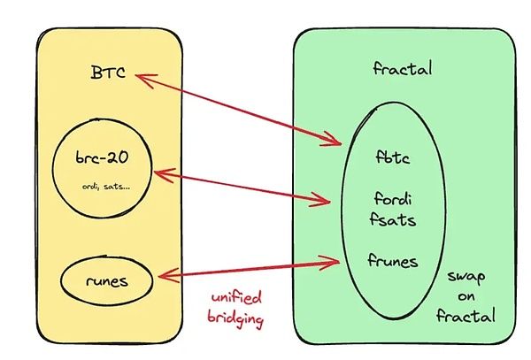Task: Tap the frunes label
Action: coord(396,260)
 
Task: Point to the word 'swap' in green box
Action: coord(466,276)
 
